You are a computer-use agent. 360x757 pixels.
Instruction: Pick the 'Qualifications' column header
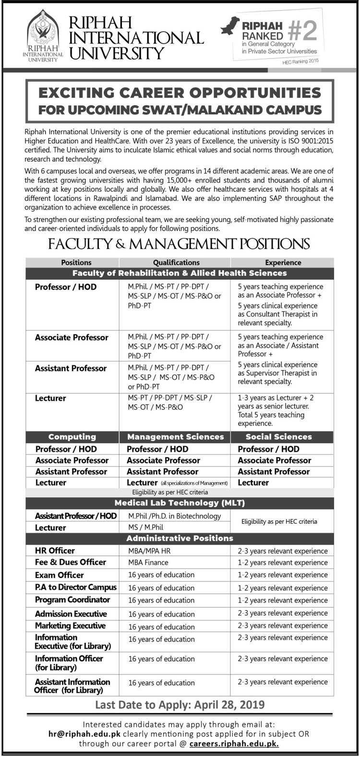[x=176, y=262]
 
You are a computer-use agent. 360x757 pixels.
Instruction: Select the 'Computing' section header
[x=72, y=437]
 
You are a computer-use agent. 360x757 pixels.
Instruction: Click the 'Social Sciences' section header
[x=279, y=437]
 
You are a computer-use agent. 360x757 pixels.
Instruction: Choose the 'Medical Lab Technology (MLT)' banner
[x=180, y=503]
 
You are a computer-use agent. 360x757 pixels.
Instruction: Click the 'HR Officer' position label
[x=55, y=551]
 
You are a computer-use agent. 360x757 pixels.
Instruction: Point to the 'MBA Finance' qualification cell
[x=148, y=562]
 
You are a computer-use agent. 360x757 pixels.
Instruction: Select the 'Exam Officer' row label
[x=59, y=575]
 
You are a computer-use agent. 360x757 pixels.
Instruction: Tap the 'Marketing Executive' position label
[x=70, y=626]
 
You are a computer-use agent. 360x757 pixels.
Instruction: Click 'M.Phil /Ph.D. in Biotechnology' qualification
[x=175, y=516]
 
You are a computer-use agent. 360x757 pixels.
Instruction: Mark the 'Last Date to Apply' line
[x=180, y=705]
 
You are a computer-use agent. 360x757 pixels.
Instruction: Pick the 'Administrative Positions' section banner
[x=180, y=538]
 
